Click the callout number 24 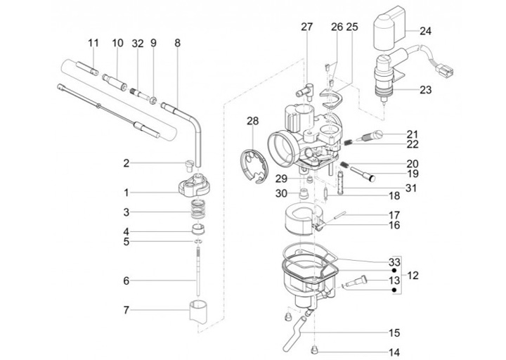click(x=425, y=32)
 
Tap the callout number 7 click(x=126, y=310)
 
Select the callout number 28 click(x=253, y=121)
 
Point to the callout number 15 click(x=394, y=333)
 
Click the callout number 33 click(x=394, y=262)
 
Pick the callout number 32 click(x=138, y=44)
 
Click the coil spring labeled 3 click(x=198, y=210)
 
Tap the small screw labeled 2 click(x=188, y=165)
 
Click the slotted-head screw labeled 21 click(x=369, y=136)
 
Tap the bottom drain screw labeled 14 click(x=314, y=349)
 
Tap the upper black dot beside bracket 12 click(x=394, y=271)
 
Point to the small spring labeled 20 click(x=344, y=165)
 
